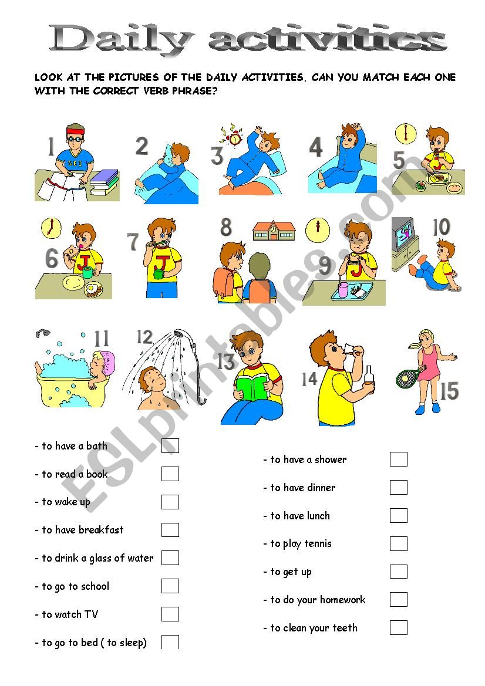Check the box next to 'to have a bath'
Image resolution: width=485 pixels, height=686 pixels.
[x=170, y=446]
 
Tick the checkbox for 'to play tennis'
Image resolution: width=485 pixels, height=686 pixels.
[x=398, y=543]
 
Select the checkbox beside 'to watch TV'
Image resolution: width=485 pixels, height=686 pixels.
[x=170, y=614]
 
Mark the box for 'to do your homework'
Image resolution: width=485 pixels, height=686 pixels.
[x=398, y=599]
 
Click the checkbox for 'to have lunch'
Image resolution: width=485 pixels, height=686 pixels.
[x=398, y=515]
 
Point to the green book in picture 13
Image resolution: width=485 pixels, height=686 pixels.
[x=252, y=387]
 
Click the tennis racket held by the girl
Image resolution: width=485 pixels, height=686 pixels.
[x=409, y=377]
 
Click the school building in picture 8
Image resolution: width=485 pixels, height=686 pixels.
[x=274, y=231]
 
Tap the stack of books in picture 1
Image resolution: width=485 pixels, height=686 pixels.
[x=105, y=182]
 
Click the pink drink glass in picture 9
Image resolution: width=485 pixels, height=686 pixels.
[x=343, y=290]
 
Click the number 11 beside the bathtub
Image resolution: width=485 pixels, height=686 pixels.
[x=102, y=339]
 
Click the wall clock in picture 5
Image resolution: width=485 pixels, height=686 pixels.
[x=405, y=134]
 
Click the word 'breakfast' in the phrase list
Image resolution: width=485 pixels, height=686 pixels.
[x=101, y=530]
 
